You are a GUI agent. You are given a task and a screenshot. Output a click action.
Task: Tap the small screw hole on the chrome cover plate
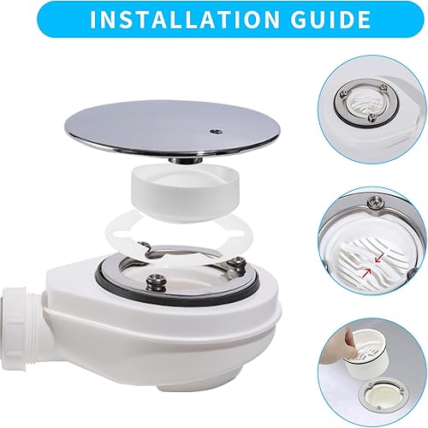pos(214,131)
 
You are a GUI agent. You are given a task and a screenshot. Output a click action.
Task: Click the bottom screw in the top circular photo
pos(372,117)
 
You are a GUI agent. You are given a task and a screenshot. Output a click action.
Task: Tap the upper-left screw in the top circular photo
pos(342,94)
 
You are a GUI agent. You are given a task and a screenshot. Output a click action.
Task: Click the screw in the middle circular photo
pos(374,203)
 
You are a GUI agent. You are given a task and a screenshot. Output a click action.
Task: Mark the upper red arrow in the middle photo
pos(378,259)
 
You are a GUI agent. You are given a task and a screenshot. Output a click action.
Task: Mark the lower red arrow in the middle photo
pos(368,271)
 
